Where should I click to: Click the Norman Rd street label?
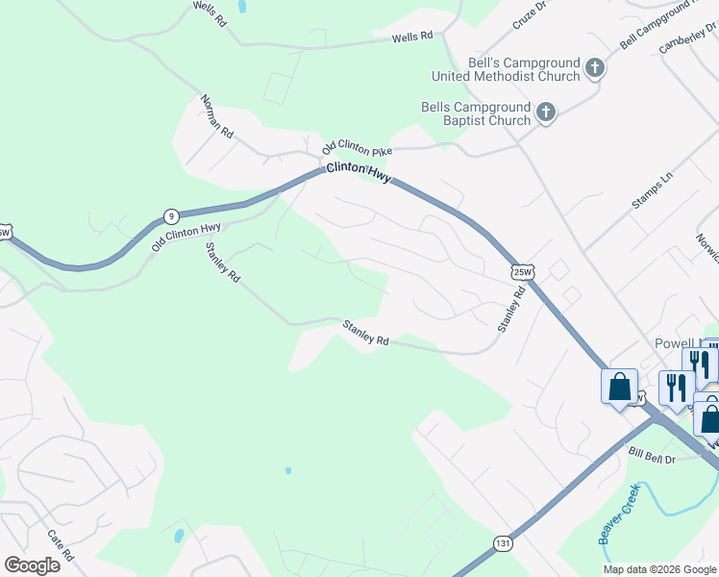pos(217,114)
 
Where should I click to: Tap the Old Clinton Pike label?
pos(359,146)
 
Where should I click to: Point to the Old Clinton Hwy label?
pos(186,238)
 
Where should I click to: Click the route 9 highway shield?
pos(170,215)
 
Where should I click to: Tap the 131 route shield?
pos(503,543)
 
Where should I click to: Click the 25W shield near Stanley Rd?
pos(521,272)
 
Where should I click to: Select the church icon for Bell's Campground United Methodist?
pos(595,68)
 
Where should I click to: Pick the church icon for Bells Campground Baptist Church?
pos(545,113)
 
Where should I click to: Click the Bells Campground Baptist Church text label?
pos(476,113)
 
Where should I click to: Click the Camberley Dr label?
pos(688,38)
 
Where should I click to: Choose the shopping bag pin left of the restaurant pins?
pos(620,388)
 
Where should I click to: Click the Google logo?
pos(32,564)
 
